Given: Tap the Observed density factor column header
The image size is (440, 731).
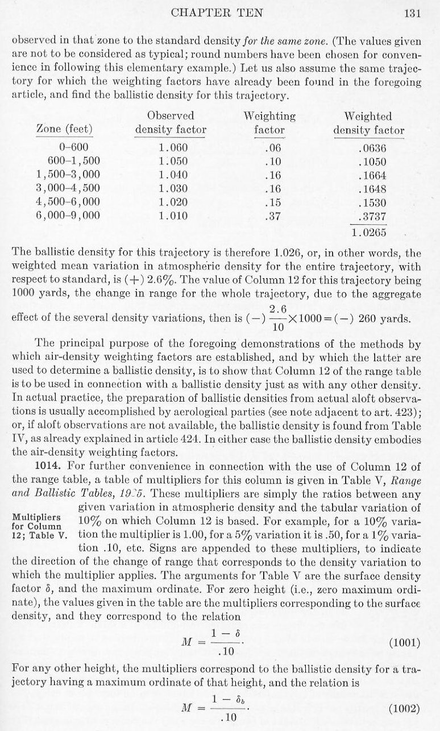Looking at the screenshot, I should tap(171, 123).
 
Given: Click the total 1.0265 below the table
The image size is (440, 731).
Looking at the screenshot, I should tap(369, 232).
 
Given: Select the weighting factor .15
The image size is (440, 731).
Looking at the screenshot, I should tap(269, 202).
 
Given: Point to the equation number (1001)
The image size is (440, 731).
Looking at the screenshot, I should tap(404, 643).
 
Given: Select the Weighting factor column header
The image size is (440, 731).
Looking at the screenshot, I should tap(269, 123).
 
